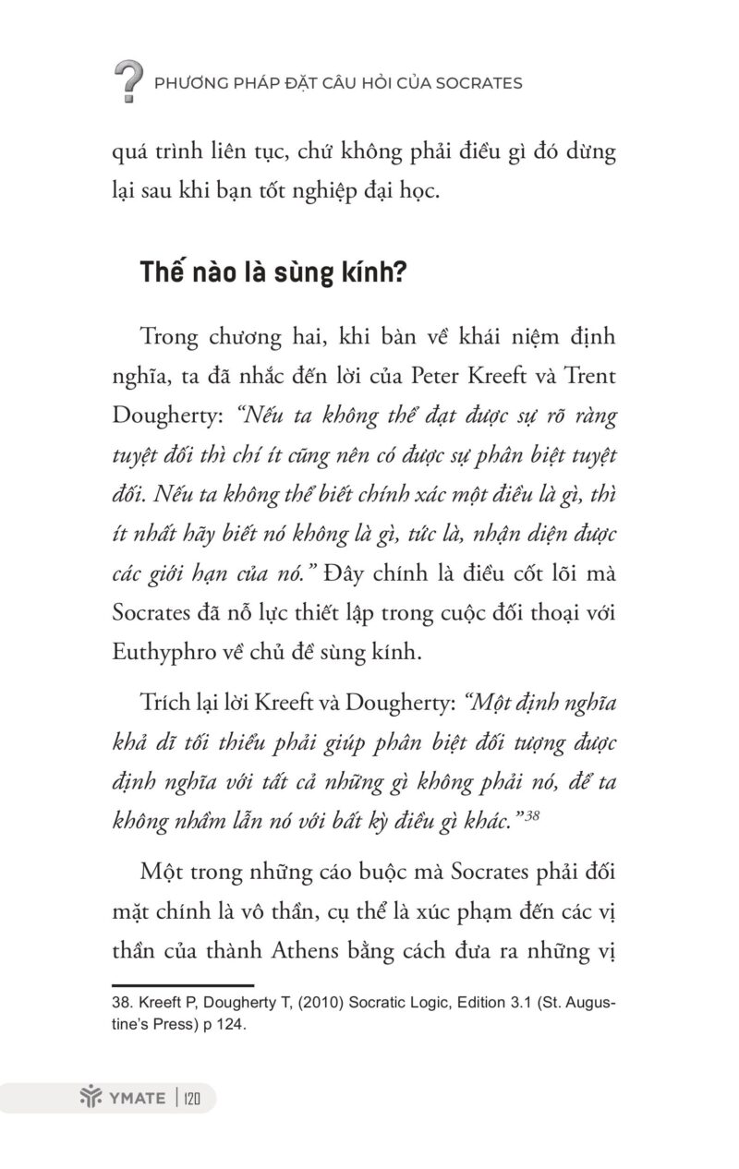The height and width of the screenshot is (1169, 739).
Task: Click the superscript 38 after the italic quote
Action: [533, 813]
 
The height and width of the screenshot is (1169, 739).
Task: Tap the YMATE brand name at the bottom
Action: [136, 1098]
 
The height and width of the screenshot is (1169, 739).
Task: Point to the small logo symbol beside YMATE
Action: [89, 1098]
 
